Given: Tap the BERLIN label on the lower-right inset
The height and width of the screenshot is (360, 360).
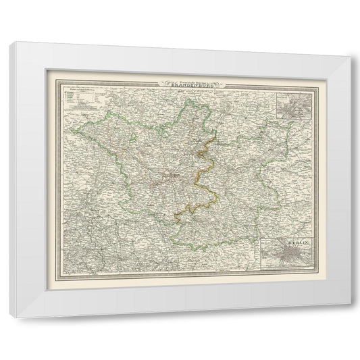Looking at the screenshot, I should pyautogui.click(x=291, y=240).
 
